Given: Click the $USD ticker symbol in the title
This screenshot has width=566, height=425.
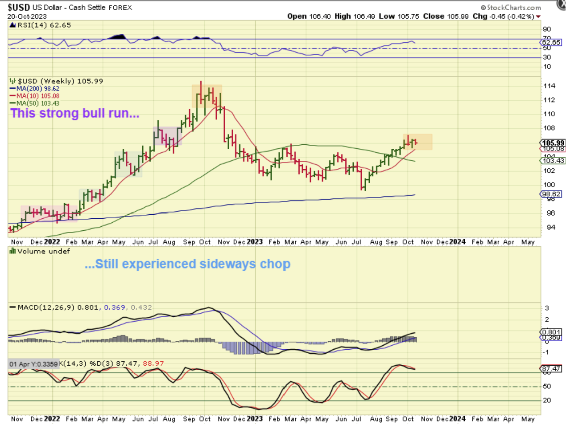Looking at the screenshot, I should [19, 8].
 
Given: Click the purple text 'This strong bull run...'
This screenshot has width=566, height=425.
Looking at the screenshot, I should [75, 113].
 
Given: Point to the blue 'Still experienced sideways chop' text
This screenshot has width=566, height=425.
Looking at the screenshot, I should [188, 264].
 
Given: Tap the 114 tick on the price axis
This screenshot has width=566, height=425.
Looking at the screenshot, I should [549, 86].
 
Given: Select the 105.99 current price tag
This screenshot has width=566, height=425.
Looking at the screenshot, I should [553, 143].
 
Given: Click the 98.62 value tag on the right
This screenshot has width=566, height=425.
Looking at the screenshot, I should [552, 194].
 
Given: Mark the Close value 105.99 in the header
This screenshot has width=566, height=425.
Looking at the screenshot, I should [458, 16].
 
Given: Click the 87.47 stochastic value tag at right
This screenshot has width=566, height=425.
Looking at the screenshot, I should [552, 369].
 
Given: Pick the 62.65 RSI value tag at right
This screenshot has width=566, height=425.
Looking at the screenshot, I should [552, 42].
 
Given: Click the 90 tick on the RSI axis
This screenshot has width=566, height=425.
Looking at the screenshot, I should [547, 29].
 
